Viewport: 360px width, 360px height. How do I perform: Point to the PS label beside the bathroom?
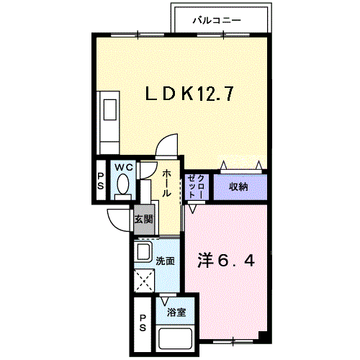143,323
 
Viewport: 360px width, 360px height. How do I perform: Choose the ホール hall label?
166,184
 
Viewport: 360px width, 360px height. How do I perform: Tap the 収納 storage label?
239,186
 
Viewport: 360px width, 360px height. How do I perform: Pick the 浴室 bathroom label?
176,312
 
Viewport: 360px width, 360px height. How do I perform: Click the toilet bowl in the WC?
123,186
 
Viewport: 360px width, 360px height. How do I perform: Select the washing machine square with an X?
143,280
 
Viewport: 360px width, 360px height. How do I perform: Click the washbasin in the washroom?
143,253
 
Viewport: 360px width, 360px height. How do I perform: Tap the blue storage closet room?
239,186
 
